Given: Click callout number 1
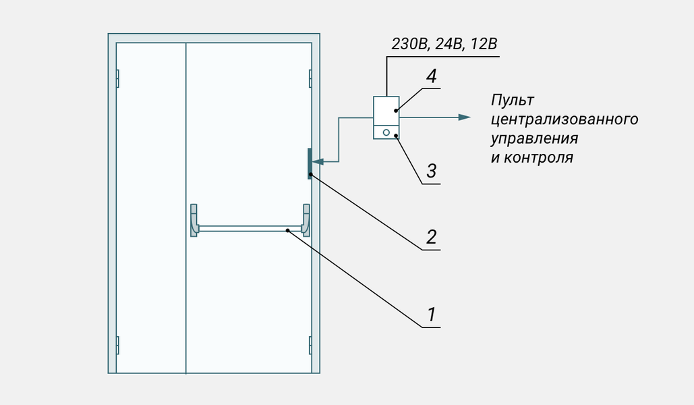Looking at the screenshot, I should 430,315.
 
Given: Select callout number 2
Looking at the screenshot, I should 431,237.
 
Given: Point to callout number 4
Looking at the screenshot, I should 431,76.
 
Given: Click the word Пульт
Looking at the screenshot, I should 513,101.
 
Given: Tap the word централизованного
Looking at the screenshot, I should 565,120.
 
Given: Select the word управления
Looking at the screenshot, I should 535,139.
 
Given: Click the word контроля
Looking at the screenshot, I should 539,158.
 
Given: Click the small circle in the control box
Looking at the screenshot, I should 386,133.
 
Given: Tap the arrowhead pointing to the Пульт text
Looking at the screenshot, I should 464,117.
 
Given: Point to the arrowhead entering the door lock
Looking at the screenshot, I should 319,162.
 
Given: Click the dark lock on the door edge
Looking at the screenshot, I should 310,163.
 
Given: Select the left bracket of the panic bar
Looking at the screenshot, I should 194,219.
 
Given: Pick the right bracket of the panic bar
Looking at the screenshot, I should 307,219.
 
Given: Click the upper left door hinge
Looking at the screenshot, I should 117,78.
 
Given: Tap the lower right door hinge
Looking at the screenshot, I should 310,345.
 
